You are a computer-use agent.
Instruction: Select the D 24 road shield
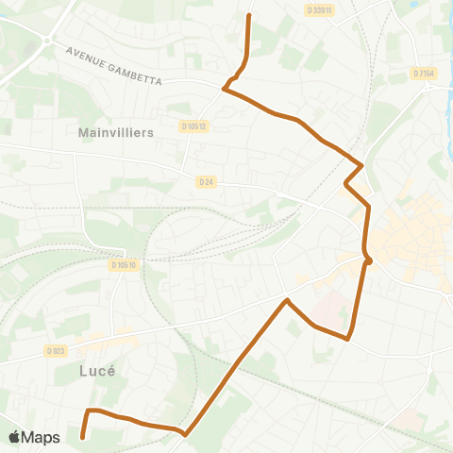(207, 181)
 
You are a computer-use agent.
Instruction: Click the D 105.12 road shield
(193, 126)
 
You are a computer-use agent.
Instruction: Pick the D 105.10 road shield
(125, 265)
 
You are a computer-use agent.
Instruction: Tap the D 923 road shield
(56, 351)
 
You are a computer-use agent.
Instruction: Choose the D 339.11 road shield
(320, 9)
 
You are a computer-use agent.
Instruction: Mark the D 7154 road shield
(423, 73)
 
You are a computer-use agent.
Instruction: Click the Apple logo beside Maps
(15, 437)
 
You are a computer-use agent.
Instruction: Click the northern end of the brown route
(249, 15)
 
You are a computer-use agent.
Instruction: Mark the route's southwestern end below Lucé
(83, 437)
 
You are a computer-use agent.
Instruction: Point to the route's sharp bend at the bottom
(185, 435)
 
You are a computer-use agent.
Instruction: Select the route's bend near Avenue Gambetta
(225, 90)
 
